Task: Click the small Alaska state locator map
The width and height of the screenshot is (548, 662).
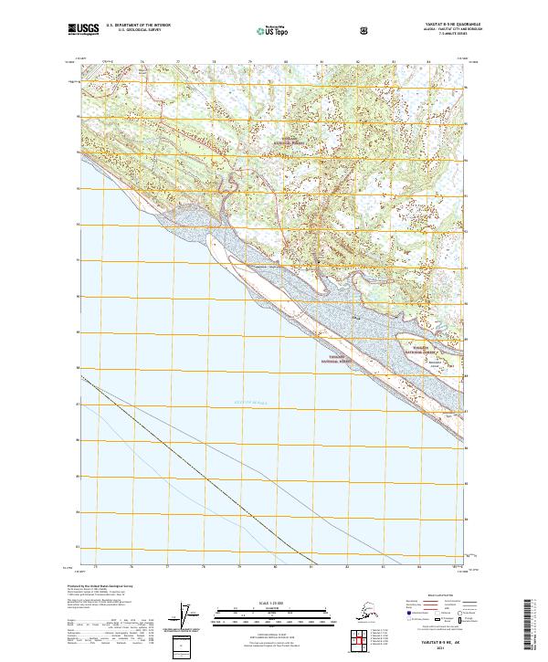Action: click(358, 615)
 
